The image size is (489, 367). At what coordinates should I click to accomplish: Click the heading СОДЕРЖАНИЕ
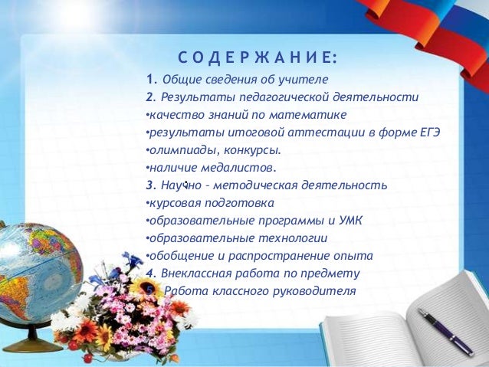258,59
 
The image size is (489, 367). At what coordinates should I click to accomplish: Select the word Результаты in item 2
190,97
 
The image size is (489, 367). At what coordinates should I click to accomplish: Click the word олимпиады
176,150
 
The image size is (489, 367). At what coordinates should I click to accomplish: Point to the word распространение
294,256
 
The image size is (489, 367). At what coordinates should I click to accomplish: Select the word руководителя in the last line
317,291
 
